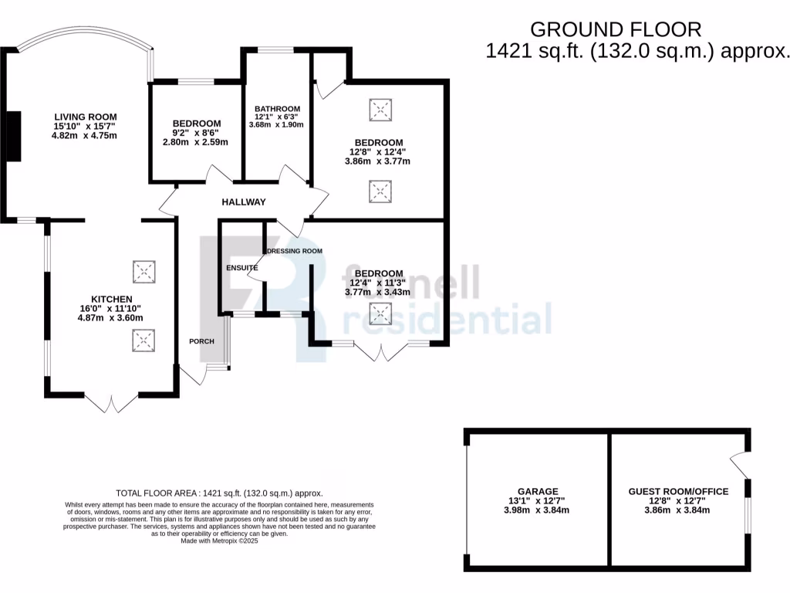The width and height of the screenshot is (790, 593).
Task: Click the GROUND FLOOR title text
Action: (x=616, y=29)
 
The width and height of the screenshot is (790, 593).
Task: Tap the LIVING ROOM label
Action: (x=85, y=117)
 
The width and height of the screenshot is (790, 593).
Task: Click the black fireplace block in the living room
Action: (x=14, y=136)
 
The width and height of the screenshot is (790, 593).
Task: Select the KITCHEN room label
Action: (x=112, y=299)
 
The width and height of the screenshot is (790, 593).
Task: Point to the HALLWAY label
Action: (x=244, y=202)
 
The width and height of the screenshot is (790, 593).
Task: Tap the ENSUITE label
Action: (x=241, y=268)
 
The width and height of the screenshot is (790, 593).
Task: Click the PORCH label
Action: (x=201, y=341)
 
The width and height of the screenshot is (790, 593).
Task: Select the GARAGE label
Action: (x=538, y=491)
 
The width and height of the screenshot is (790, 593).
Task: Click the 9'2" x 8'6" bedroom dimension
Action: (x=196, y=133)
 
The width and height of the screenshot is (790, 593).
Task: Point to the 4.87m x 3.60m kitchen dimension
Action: (x=112, y=317)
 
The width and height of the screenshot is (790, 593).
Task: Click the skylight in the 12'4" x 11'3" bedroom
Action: (x=380, y=313)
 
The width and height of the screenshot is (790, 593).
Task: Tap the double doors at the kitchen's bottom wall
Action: (x=111, y=403)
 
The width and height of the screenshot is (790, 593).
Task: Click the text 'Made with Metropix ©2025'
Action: (x=219, y=541)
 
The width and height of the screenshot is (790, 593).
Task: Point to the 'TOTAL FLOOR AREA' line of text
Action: (x=219, y=493)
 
